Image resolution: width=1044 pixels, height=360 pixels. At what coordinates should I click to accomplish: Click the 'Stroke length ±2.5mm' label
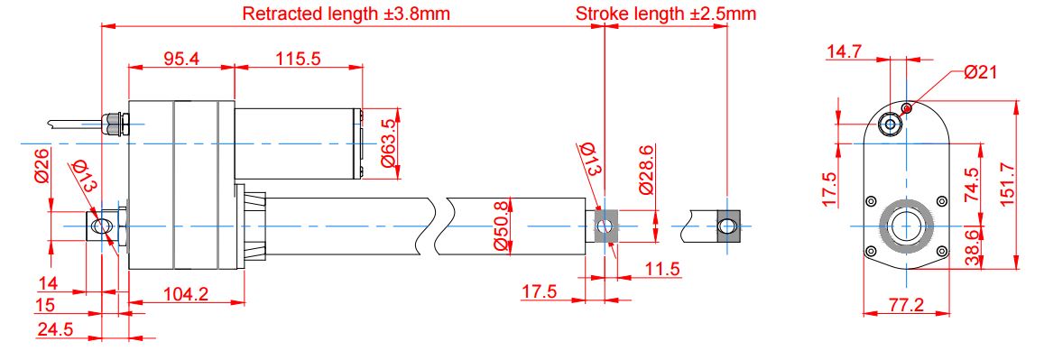666,14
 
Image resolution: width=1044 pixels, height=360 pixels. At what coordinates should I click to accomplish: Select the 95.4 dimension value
181,59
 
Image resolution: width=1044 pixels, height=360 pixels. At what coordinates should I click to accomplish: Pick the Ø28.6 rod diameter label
646,170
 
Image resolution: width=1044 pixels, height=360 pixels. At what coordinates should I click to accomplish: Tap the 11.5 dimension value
661,269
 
